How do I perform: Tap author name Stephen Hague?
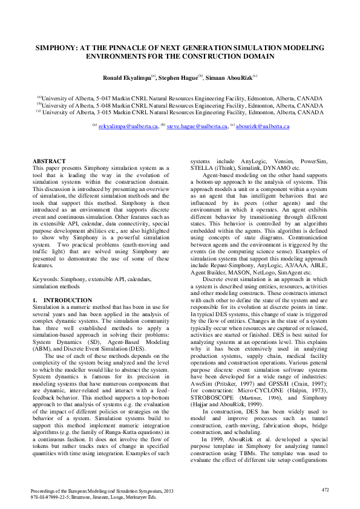tap(180, 77)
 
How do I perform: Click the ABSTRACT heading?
tap(48, 161)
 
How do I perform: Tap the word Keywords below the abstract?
tap(46, 279)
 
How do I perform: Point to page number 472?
tap(325, 489)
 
